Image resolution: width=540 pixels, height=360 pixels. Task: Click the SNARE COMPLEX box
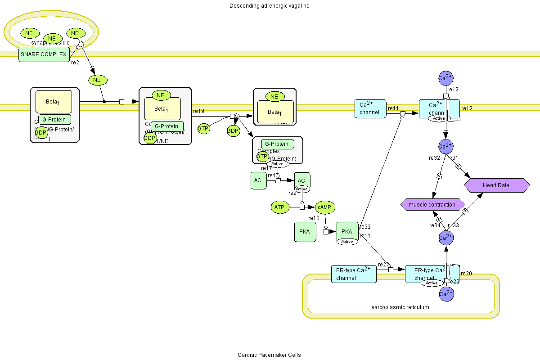pyautogui.click(x=44, y=54)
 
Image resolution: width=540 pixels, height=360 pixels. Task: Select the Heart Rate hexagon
pyautogui.click(x=496, y=185)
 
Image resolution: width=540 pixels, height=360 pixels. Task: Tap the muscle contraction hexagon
pyautogui.click(x=432, y=205)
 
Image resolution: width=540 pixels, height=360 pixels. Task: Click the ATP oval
pyautogui.click(x=279, y=207)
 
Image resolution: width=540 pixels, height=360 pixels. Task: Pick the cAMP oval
pyautogui.click(x=324, y=207)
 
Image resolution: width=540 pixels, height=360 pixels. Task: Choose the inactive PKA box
pyautogui.click(x=304, y=232)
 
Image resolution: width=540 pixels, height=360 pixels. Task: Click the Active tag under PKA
pyautogui.click(x=347, y=242)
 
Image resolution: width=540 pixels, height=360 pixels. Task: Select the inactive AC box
pyautogui.click(x=258, y=180)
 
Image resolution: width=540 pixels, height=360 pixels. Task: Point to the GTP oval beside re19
pyautogui.click(x=203, y=129)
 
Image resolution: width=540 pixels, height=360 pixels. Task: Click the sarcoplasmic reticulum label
pyautogui.click(x=400, y=307)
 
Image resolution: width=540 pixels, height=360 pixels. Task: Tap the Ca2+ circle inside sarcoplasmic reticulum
pyautogui.click(x=445, y=294)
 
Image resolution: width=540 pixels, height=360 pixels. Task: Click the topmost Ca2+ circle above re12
pyautogui.click(x=445, y=78)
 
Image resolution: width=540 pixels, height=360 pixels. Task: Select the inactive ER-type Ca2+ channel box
pyautogui.click(x=353, y=274)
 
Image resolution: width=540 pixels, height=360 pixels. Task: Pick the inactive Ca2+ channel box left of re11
pyautogui.click(x=370, y=108)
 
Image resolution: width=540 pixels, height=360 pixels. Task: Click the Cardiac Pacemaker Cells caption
pyautogui.click(x=269, y=355)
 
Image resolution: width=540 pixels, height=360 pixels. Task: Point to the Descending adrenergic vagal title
pyautogui.click(x=269, y=6)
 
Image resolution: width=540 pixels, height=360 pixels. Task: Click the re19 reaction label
pyautogui.click(x=198, y=110)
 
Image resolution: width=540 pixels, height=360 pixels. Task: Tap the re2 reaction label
pyautogui.click(x=75, y=63)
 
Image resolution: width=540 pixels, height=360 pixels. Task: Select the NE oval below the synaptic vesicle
pyautogui.click(x=97, y=80)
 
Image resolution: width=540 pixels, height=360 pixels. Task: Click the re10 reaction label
pyautogui.click(x=314, y=218)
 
